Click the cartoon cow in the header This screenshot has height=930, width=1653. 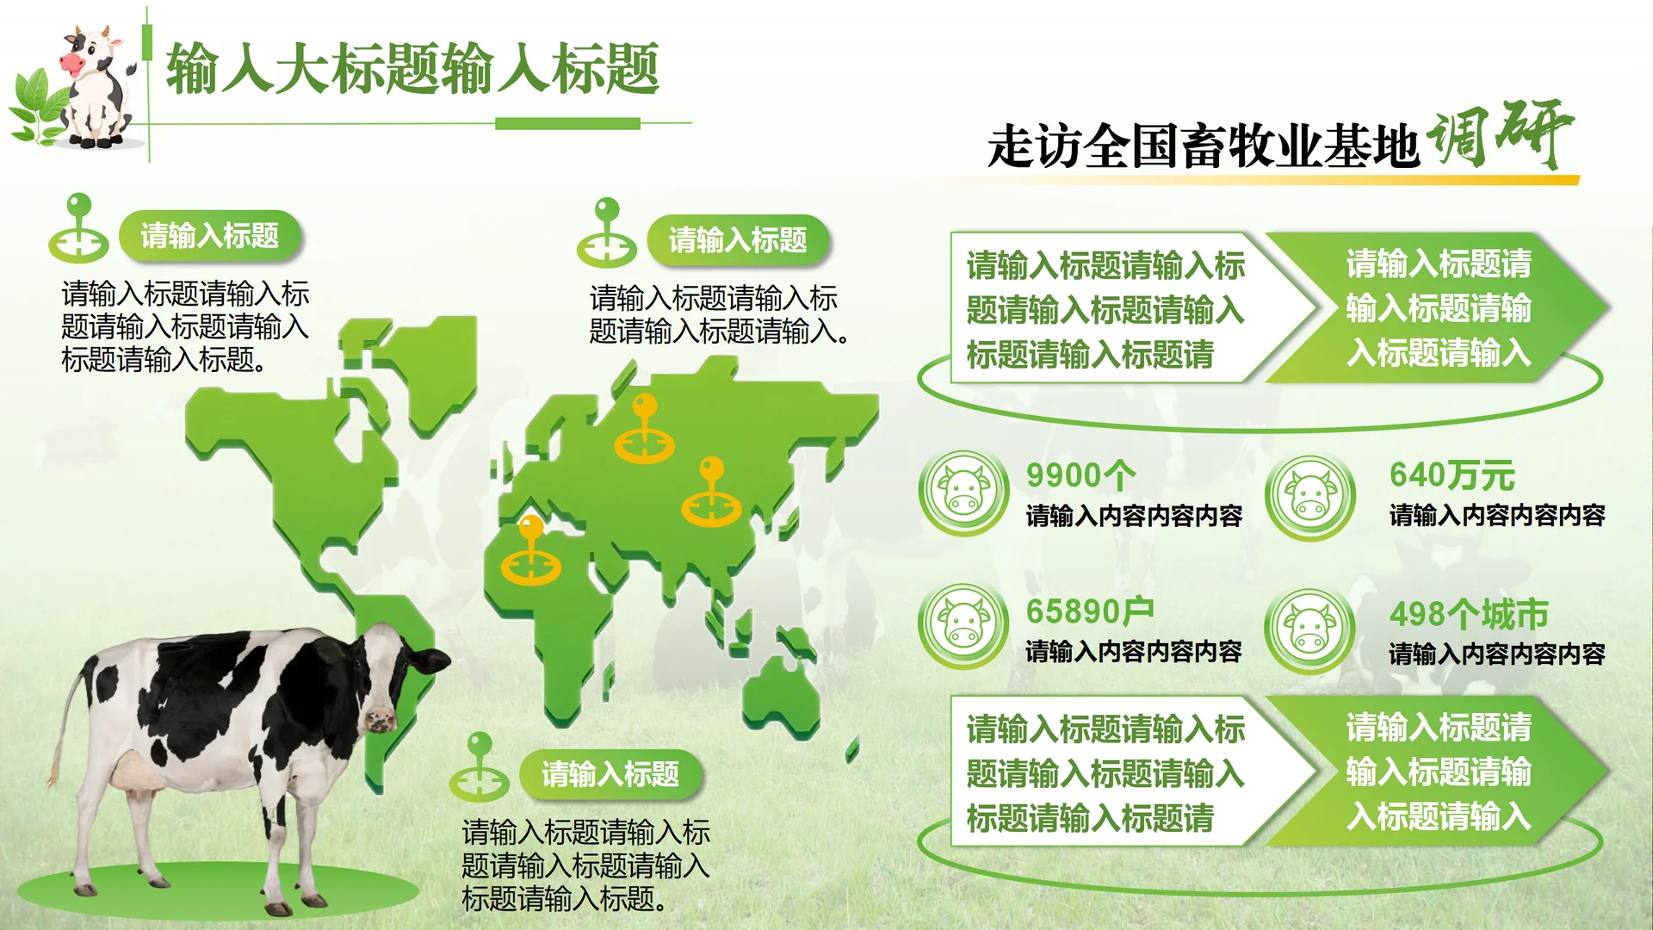[x=96, y=86]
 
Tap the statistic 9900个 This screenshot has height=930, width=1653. [x=1080, y=475]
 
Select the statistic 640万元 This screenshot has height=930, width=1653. [x=1452, y=475]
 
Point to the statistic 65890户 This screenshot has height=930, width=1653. [x=1089, y=611]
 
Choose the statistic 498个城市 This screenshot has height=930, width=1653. [x=1468, y=614]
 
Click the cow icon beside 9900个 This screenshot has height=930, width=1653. [x=963, y=493]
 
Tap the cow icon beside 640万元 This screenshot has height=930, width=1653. [x=1309, y=497]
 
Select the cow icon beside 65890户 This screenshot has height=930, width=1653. [x=963, y=626]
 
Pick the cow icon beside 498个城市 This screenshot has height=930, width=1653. [x=1309, y=631]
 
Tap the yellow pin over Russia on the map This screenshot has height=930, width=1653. [x=644, y=431]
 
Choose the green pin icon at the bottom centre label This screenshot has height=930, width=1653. [x=479, y=768]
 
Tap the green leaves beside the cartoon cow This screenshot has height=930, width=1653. [x=39, y=108]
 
